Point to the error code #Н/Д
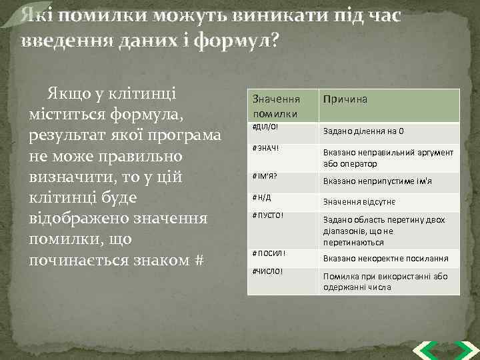(x=263, y=197)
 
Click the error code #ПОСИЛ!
(x=269, y=253)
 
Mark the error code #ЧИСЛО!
(x=268, y=271)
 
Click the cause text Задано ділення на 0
(x=363, y=131)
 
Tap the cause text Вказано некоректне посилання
(x=385, y=259)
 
